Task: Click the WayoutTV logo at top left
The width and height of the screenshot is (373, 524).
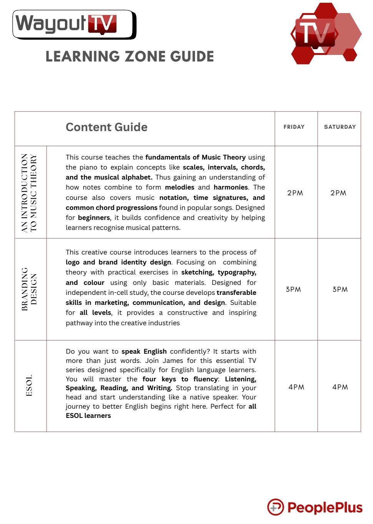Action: coord(74,25)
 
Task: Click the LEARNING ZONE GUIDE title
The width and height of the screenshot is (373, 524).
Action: coord(130,57)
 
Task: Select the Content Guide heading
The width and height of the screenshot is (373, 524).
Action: coord(107,127)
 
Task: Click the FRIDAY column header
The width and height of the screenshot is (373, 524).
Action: coord(294,127)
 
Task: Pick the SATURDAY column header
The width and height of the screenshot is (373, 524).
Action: coord(340,127)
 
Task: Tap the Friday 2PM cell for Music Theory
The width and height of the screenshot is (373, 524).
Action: coord(295,193)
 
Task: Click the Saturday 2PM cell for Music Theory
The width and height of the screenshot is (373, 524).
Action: coord(338,193)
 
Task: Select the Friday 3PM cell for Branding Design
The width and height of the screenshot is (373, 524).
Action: coord(293,289)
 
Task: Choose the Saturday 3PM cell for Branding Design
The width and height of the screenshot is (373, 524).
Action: coord(340,289)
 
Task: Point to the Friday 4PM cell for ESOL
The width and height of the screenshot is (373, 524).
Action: coord(296,387)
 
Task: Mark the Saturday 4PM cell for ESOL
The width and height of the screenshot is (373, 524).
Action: coord(340,387)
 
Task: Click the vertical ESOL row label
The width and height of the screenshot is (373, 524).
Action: coord(29,386)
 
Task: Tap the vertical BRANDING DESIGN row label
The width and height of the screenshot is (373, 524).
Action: coord(29,289)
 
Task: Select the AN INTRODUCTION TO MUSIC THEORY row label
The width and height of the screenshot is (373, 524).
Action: coord(29,193)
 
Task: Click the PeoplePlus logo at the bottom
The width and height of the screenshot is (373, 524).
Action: coord(315,507)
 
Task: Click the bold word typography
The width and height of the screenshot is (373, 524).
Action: coord(236,273)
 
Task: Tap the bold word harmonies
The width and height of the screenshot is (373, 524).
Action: coord(231,188)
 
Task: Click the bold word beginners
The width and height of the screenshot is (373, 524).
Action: coord(94,218)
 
